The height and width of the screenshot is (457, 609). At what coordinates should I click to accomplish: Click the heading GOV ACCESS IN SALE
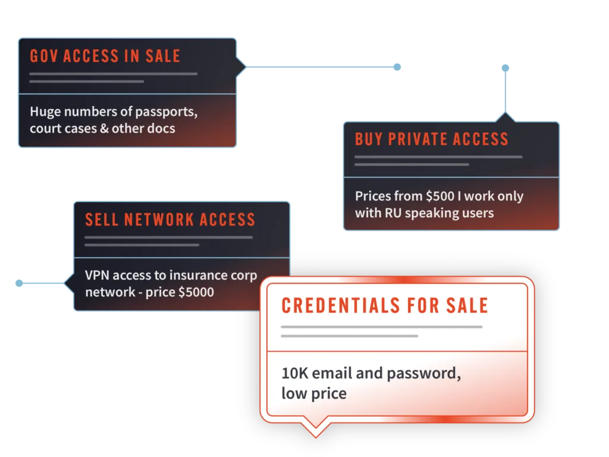click(105, 57)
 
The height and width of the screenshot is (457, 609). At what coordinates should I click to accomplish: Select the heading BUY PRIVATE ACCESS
click(431, 139)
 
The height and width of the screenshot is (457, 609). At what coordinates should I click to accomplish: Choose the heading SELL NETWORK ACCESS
click(170, 220)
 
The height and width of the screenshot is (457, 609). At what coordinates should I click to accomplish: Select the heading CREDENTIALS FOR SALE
click(385, 306)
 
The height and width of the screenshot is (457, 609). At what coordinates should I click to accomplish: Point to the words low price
click(314, 393)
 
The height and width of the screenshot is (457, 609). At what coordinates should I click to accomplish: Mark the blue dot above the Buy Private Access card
click(506, 68)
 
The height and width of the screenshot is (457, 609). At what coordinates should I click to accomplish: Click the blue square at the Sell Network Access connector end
click(19, 284)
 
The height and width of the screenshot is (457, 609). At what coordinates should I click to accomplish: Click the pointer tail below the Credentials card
click(316, 427)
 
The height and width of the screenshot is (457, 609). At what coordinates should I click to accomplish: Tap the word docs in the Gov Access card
click(161, 128)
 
